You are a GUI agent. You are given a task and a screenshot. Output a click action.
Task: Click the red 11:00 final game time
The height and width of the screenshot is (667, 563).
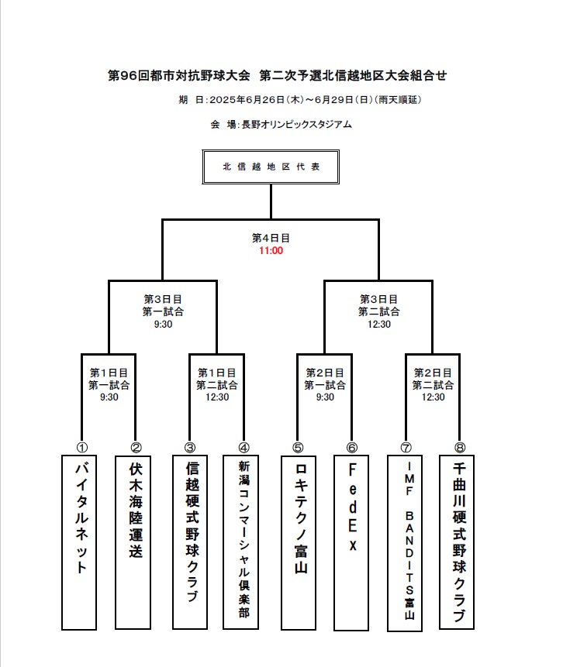coord(271,250)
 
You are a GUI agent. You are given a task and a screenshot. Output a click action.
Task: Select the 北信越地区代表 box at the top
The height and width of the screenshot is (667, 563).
coord(271,167)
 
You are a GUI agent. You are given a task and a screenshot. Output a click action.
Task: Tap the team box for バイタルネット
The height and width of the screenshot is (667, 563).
coord(79,542)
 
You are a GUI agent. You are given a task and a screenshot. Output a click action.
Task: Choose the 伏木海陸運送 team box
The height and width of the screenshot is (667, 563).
coord(133,542)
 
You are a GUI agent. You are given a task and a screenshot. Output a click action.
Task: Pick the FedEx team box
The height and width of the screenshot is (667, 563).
coord(351,543)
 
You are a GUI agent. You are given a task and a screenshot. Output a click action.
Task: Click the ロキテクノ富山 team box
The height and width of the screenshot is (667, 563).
coord(299,543)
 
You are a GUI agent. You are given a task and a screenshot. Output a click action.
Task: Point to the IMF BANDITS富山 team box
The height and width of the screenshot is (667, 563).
coord(405,543)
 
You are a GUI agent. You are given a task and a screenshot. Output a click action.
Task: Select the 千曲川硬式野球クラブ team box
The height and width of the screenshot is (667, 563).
coord(457,542)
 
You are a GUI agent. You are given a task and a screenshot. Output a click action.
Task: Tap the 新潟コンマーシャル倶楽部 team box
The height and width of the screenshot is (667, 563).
coord(241,542)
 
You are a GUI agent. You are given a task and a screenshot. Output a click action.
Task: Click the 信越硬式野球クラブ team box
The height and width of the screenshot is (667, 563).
coord(190,542)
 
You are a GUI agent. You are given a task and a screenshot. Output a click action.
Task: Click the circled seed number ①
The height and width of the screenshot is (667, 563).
coord(81,448)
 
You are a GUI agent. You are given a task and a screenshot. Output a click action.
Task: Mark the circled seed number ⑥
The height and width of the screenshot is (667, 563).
coord(352,448)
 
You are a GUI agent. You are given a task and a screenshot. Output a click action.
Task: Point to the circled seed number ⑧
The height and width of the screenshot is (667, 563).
coord(460,448)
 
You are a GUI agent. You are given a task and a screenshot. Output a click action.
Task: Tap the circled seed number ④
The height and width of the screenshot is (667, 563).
coord(244,448)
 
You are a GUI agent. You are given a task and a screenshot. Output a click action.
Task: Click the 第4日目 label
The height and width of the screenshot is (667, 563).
coord(271,238)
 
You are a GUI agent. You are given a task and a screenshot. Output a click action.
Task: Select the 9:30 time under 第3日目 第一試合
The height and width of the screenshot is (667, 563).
coord(163,324)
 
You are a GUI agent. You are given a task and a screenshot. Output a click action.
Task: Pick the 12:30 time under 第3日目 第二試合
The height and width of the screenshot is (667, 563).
coord(379,324)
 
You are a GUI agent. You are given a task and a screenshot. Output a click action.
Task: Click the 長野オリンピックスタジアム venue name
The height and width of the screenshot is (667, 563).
coord(297,125)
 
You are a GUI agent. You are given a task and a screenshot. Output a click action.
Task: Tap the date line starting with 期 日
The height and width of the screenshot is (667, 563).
coord(300,100)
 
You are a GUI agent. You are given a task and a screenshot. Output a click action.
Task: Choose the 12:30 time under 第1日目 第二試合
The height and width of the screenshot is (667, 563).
coord(217,397)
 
